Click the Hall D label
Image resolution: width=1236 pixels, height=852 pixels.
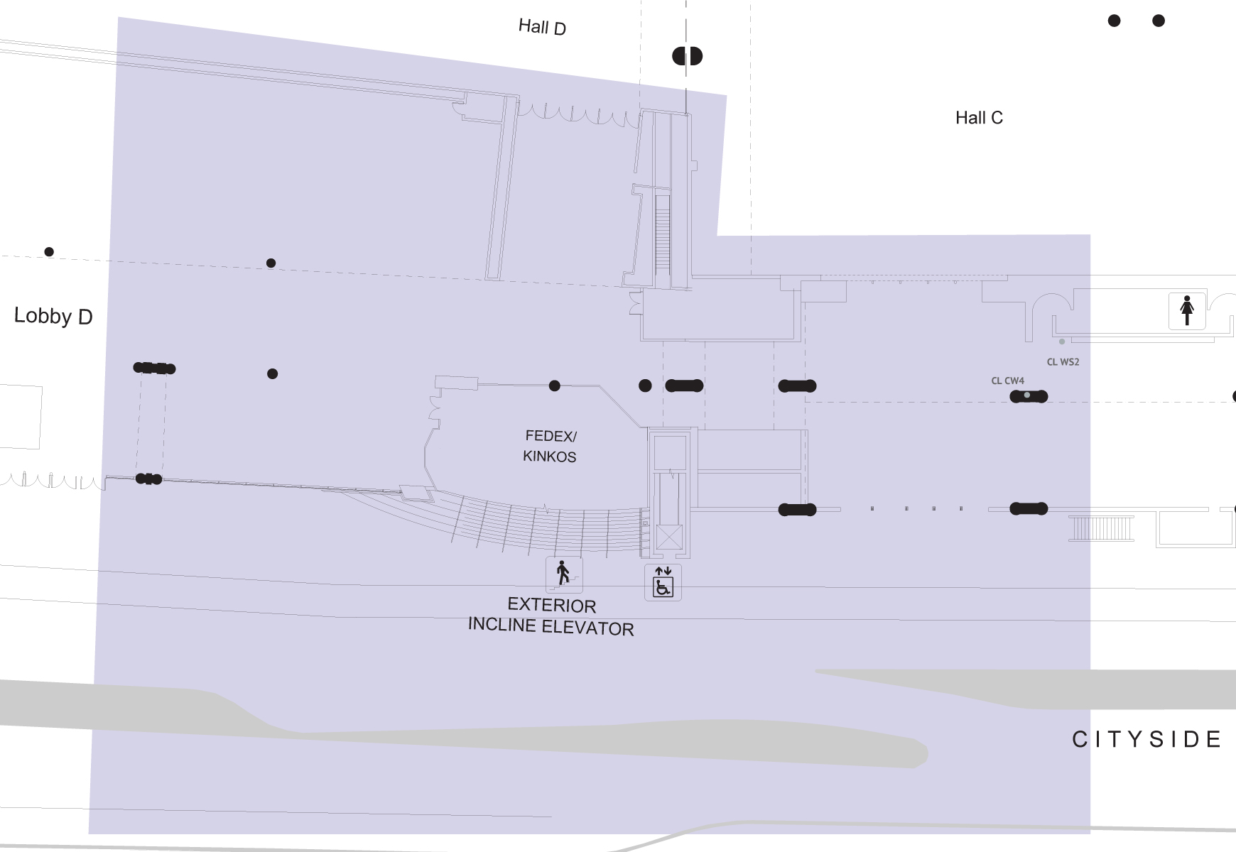[542, 27]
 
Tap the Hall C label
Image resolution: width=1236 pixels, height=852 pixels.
[979, 118]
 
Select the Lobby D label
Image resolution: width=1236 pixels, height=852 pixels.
[53, 316]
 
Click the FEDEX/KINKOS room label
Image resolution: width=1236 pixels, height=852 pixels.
[550, 446]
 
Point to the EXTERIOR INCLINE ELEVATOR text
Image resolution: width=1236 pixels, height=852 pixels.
[551, 616]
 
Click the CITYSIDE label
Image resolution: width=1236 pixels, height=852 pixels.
[1146, 739]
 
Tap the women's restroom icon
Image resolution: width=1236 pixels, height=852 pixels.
[1187, 310]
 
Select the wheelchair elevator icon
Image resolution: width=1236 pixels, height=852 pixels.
[663, 582]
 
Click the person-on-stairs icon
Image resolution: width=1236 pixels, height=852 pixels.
[564, 574]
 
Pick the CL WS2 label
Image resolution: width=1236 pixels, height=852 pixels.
[1063, 362]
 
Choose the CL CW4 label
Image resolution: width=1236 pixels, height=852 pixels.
[1007, 381]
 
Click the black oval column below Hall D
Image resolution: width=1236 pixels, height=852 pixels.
[687, 56]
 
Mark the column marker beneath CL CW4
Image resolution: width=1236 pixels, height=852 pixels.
[1029, 396]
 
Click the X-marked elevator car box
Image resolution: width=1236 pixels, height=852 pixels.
[669, 537]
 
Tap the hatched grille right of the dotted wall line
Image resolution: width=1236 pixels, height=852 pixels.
[1101, 529]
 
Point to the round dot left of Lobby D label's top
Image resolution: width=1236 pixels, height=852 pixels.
[49, 252]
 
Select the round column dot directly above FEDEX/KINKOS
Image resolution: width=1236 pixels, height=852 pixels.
[554, 386]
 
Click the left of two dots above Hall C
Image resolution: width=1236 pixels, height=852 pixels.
[1114, 21]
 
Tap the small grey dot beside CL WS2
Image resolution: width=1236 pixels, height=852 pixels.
[1062, 342]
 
